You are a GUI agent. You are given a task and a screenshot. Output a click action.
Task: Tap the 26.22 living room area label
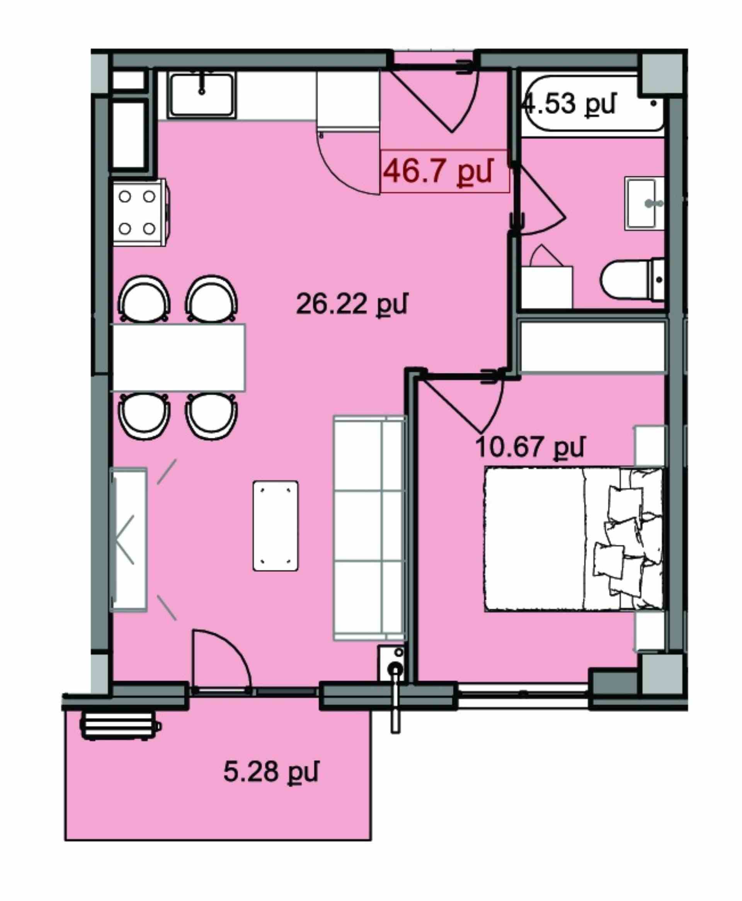click(352, 304)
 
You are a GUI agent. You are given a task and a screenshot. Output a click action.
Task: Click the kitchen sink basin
click(202, 94)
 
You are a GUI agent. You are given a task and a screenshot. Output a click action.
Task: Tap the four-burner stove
click(139, 212)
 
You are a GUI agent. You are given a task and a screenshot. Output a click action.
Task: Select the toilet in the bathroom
click(633, 280)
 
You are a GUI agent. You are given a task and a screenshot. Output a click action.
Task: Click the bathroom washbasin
click(644, 203)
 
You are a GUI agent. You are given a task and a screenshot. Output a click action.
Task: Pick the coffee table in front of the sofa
click(275, 525)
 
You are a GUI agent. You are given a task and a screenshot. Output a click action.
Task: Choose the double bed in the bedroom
click(574, 539)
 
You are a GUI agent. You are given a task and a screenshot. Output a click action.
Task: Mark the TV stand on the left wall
click(129, 540)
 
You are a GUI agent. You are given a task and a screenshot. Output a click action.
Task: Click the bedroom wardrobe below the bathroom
click(592, 347)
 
